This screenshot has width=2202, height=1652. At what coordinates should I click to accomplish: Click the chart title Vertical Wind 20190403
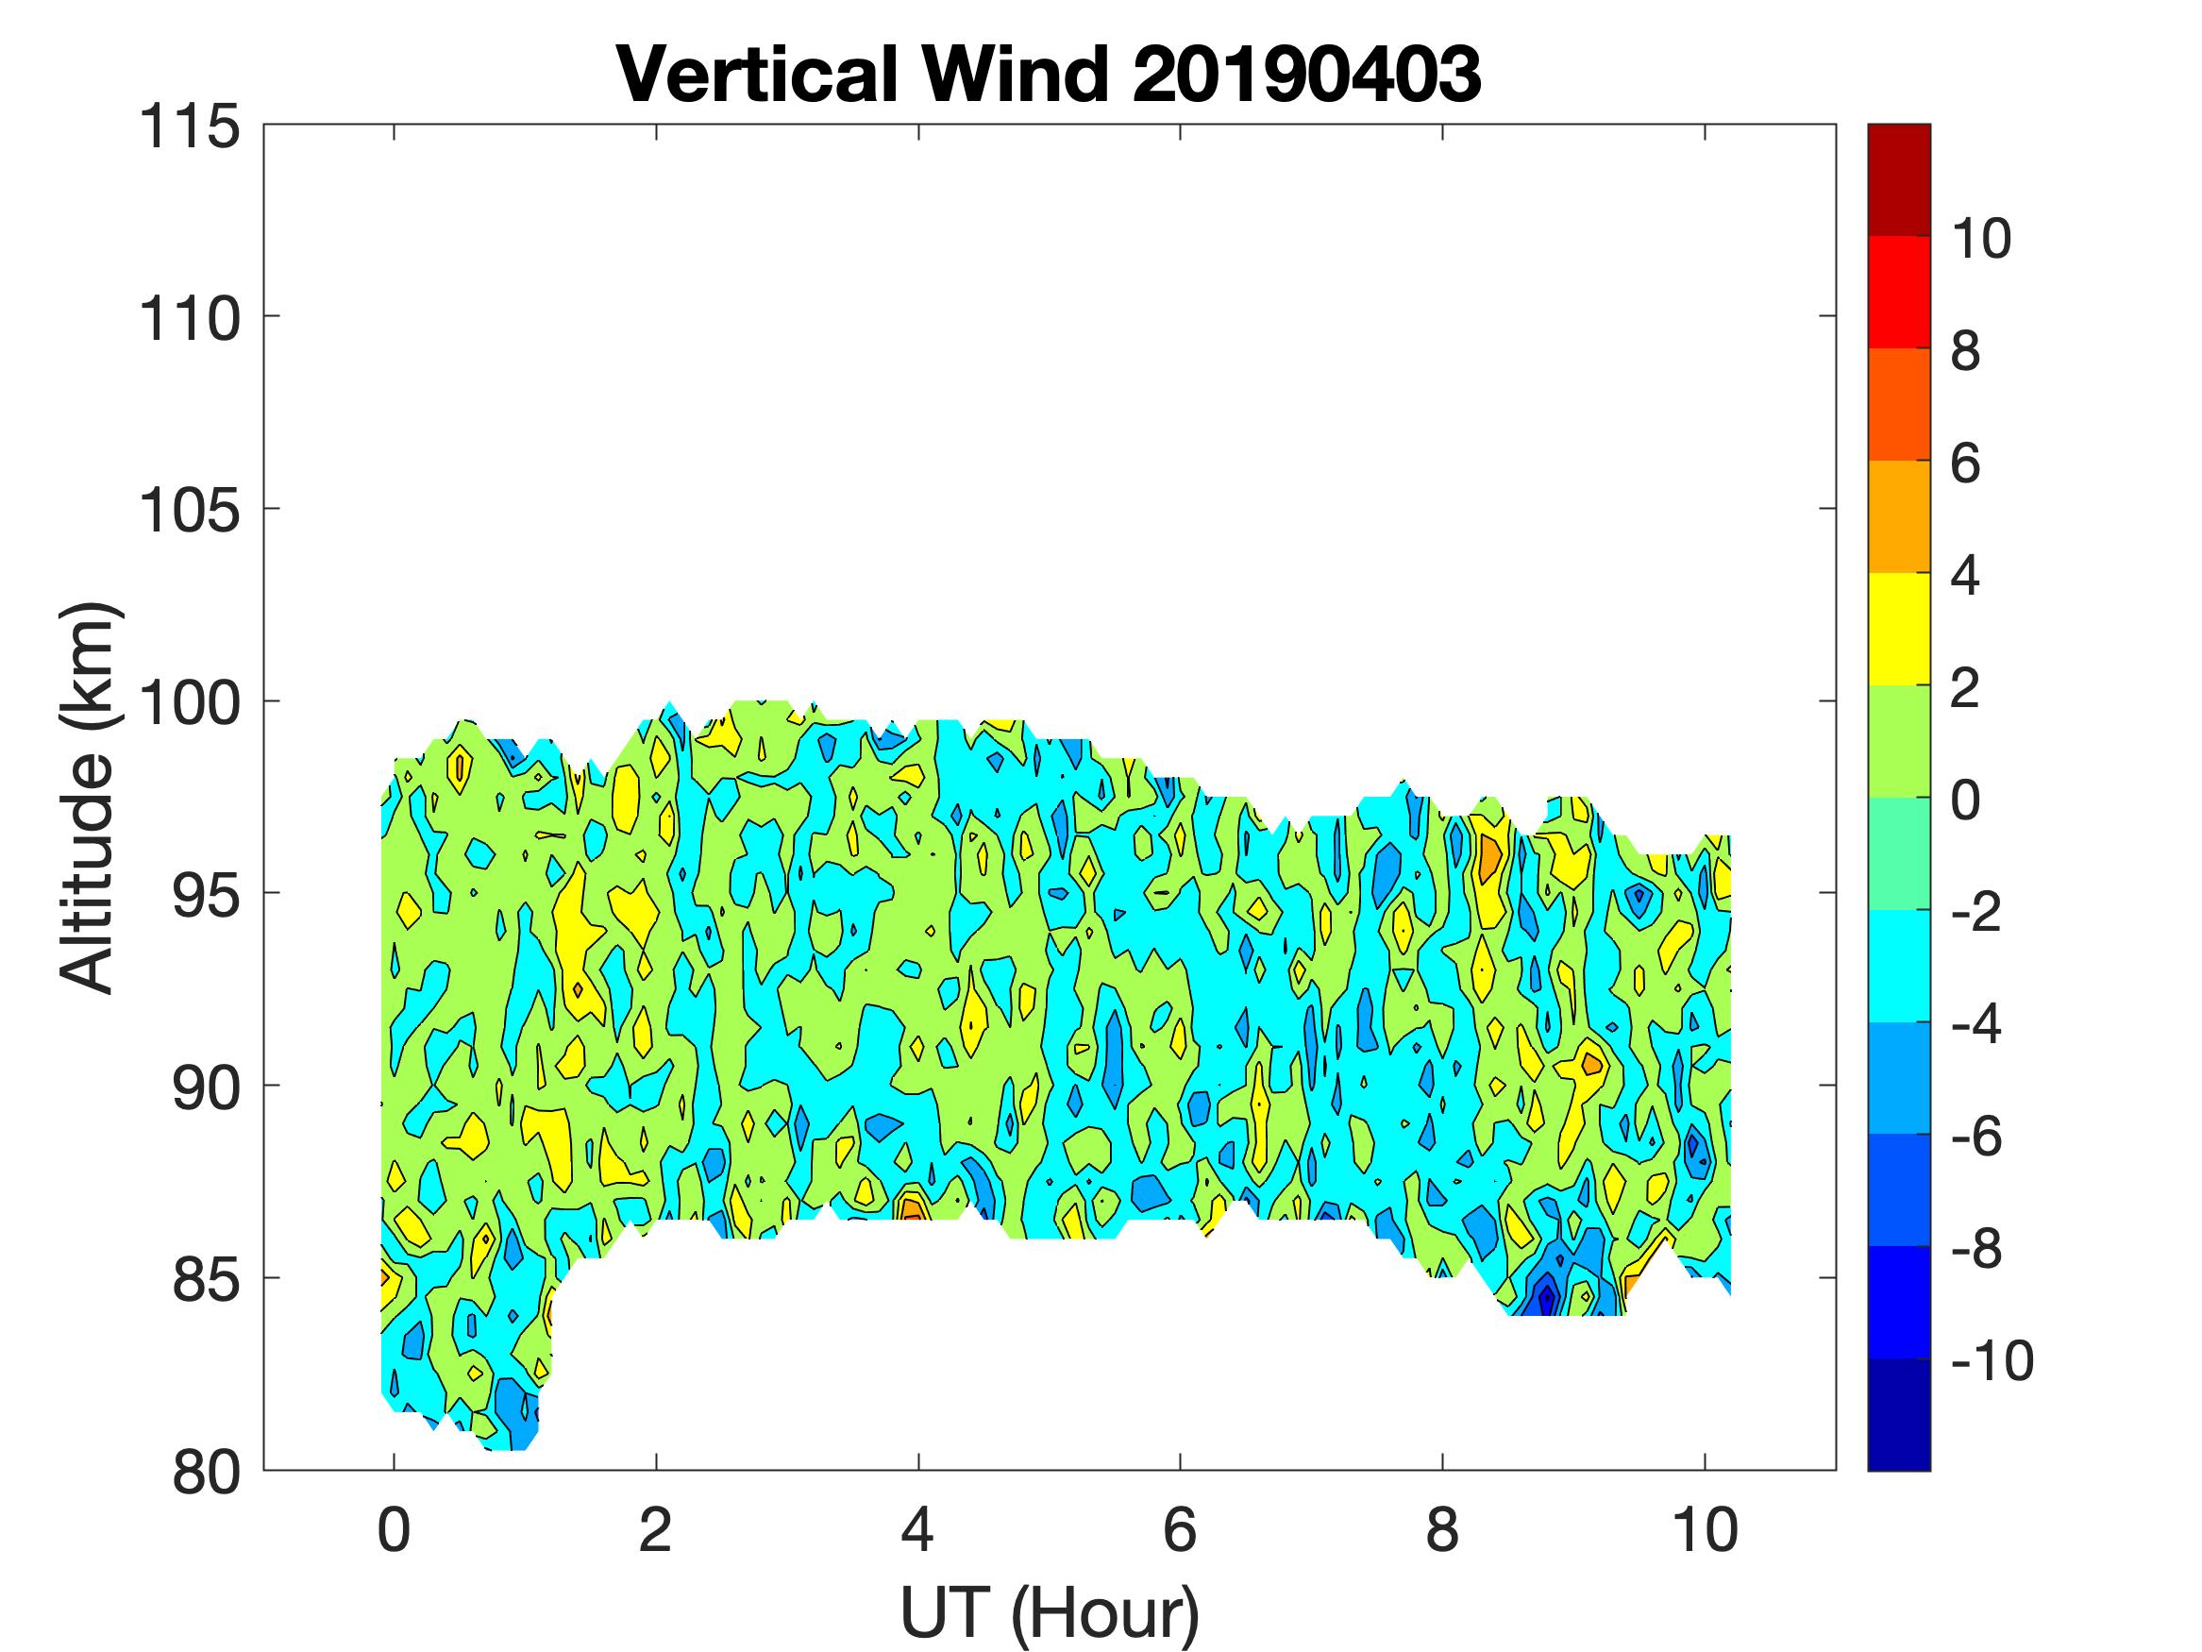(x=1049, y=75)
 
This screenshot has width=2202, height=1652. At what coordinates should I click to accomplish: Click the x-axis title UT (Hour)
(x=1050, y=1612)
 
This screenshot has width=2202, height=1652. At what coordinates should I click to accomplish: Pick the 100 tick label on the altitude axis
(x=189, y=703)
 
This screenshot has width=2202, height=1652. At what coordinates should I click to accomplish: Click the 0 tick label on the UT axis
(x=395, y=1530)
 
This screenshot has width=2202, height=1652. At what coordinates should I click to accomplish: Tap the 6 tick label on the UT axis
(x=1180, y=1530)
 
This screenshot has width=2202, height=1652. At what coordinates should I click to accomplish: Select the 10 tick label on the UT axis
(x=1706, y=1530)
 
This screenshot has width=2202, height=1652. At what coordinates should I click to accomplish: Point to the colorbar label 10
(x=1980, y=239)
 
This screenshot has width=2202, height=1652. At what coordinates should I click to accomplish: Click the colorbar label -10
(x=1991, y=1360)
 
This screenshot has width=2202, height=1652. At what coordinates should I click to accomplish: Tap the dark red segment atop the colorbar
(x=1898, y=179)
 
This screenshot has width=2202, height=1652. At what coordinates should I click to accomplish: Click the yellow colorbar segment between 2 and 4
(x=1898, y=629)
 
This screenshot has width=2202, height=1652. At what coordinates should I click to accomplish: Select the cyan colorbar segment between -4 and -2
(x=1898, y=965)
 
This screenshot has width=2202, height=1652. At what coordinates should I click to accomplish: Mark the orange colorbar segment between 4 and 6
(x=1898, y=515)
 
